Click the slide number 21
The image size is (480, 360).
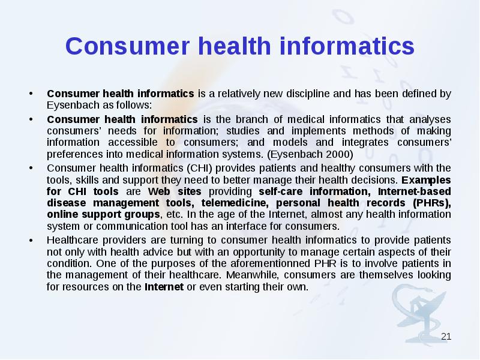pyautogui.click(x=446, y=336)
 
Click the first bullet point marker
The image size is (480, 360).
pyautogui.click(x=30, y=94)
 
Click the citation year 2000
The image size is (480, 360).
pyautogui.click(x=340, y=154)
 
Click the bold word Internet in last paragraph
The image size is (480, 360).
pyautogui.click(x=164, y=287)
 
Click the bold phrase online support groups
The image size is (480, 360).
pyautogui.click(x=103, y=215)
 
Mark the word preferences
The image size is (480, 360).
pyautogui.click(x=71, y=154)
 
